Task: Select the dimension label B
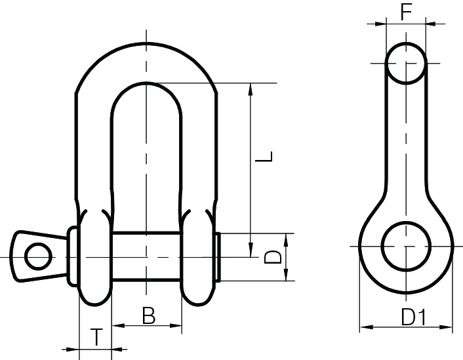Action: coord(149,315)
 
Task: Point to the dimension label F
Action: coord(406,12)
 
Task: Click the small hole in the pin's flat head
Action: coord(39,254)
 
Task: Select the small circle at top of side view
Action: coord(406,63)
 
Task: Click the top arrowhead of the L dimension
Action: coord(251,89)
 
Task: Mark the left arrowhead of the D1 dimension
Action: coord(365,327)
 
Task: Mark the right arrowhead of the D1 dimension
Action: coord(448,327)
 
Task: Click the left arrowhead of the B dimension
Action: coord(116,325)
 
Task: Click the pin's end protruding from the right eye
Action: coord(218,256)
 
